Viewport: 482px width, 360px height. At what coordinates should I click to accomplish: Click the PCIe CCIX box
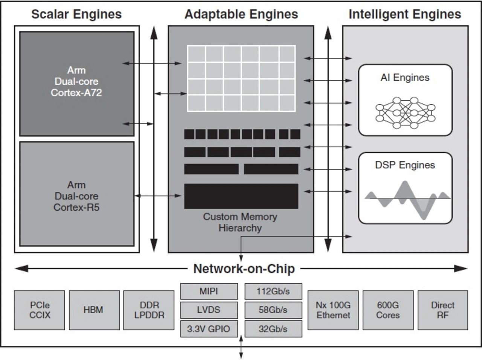point(40,310)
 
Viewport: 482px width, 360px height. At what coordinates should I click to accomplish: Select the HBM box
point(94,310)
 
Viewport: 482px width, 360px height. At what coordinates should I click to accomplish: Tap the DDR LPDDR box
point(149,310)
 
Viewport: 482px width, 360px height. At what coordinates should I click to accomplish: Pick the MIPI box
point(209,291)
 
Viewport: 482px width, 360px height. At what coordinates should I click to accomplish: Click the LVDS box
point(209,310)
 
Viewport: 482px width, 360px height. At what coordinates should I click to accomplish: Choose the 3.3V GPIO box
point(209,329)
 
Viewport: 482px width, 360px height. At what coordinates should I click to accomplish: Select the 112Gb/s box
point(273,291)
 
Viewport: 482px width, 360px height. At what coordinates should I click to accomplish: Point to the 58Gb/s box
point(273,310)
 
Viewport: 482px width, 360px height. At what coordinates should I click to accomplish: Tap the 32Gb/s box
point(273,329)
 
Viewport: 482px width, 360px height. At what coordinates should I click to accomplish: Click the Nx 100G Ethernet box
point(333,310)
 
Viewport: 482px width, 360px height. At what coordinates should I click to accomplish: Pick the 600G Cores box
point(388,310)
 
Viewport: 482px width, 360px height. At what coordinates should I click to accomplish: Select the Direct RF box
point(443,310)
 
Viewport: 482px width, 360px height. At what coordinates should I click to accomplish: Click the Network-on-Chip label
point(244,268)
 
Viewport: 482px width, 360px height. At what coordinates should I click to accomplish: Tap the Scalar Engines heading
point(76,14)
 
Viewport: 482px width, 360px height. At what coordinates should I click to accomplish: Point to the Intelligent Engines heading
point(405,14)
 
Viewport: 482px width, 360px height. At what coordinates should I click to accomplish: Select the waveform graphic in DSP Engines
point(407,198)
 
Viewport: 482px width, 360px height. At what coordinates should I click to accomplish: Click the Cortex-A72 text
point(76,93)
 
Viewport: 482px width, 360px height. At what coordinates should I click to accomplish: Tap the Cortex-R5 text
point(76,207)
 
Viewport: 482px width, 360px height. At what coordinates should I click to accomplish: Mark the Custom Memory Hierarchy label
point(240,222)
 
